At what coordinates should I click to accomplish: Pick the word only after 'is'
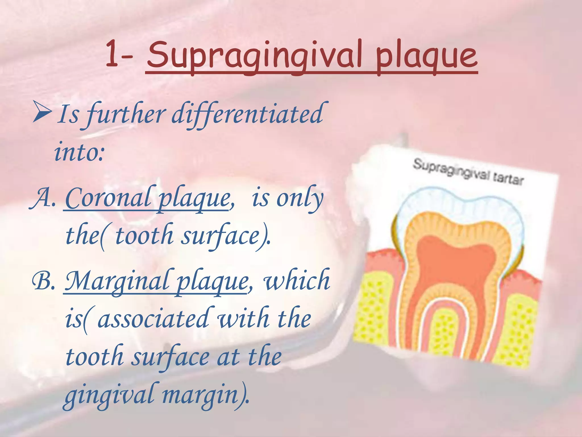pyautogui.click(x=300, y=199)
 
